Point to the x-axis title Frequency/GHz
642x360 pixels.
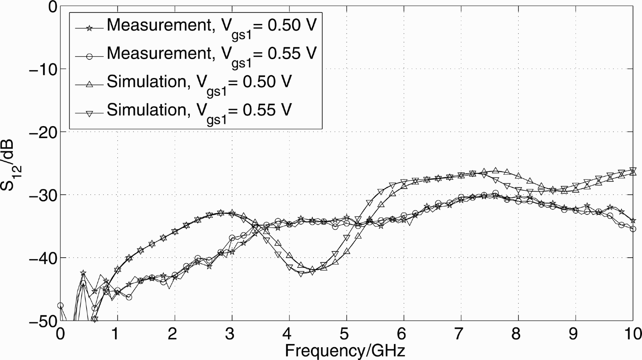click(345, 351)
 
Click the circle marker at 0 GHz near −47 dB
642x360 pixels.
click(60, 305)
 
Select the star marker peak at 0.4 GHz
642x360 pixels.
click(83, 273)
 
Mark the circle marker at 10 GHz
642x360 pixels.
click(633, 229)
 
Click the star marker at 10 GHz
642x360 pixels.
click(633, 221)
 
